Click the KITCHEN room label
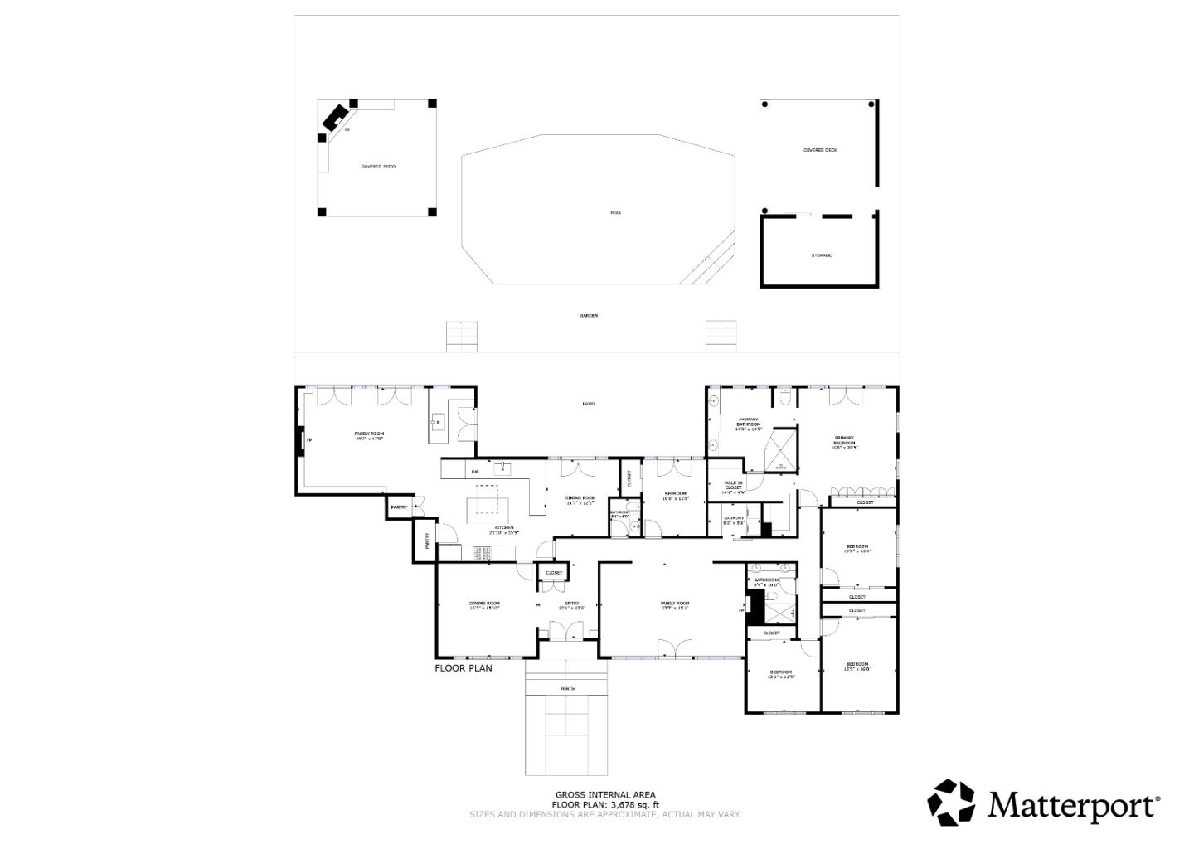[504, 528]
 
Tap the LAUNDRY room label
[734, 519]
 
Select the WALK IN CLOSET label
[734, 487]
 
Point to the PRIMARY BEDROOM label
[844, 441]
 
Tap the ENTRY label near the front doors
[571, 604]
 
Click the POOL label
[615, 213]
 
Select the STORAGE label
[821, 255]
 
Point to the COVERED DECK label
[819, 150]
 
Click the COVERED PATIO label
[377, 167]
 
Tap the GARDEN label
[588, 315]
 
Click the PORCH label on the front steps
[568, 689]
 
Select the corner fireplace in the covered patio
[335, 119]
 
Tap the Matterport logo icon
[951, 803]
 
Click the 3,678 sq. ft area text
[634, 804]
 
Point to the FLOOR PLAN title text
[463, 667]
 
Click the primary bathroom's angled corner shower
[781, 449]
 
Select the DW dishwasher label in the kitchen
[475, 472]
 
